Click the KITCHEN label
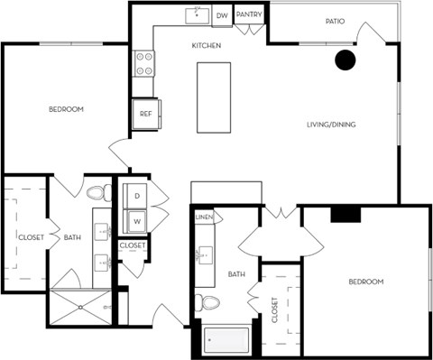coord(207,45)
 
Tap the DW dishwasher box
coord(222,16)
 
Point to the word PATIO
coord(336,21)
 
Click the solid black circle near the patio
coord(345,60)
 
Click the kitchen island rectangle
coord(214,97)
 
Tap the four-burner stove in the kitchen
coord(143,63)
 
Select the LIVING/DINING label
coord(329,124)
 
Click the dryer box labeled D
coord(136,195)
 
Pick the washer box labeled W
coord(136,219)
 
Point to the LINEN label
coord(204,218)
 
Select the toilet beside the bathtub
coord(209,301)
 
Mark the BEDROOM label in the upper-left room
coord(66,109)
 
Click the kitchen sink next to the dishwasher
coord(196,16)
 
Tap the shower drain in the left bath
coord(79,306)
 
